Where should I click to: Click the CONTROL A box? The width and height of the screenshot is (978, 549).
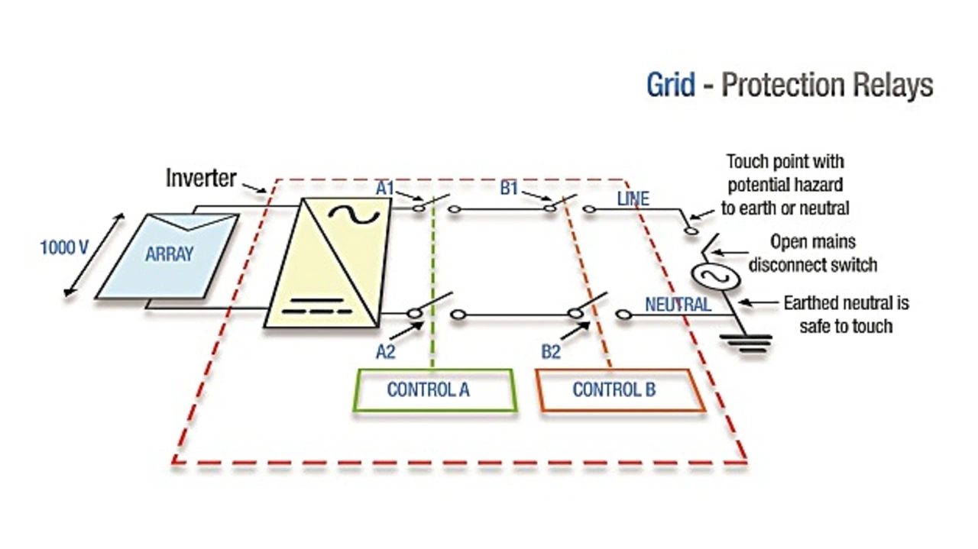pyautogui.click(x=434, y=390)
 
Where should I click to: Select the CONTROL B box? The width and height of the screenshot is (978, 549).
pyautogui.click(x=619, y=390)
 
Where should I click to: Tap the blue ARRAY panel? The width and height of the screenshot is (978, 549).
pyautogui.click(x=168, y=255)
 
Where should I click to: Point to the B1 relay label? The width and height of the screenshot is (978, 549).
pyautogui.click(x=510, y=187)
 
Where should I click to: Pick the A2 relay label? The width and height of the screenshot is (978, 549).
pyautogui.click(x=386, y=351)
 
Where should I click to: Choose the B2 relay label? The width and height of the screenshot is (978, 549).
pyautogui.click(x=551, y=351)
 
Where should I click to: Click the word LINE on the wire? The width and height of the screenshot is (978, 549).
pyautogui.click(x=633, y=199)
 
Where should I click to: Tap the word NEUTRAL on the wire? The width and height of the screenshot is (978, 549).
pyautogui.click(x=678, y=305)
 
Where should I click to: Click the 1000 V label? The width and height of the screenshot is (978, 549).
pyautogui.click(x=64, y=248)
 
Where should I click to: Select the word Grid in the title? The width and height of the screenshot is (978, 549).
pyautogui.click(x=671, y=85)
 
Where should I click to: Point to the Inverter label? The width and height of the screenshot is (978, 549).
pyautogui.click(x=201, y=179)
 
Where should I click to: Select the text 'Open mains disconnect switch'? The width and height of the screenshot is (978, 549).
pyautogui.click(x=812, y=254)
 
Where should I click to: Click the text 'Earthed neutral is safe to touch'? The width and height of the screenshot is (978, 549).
pyautogui.click(x=846, y=315)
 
